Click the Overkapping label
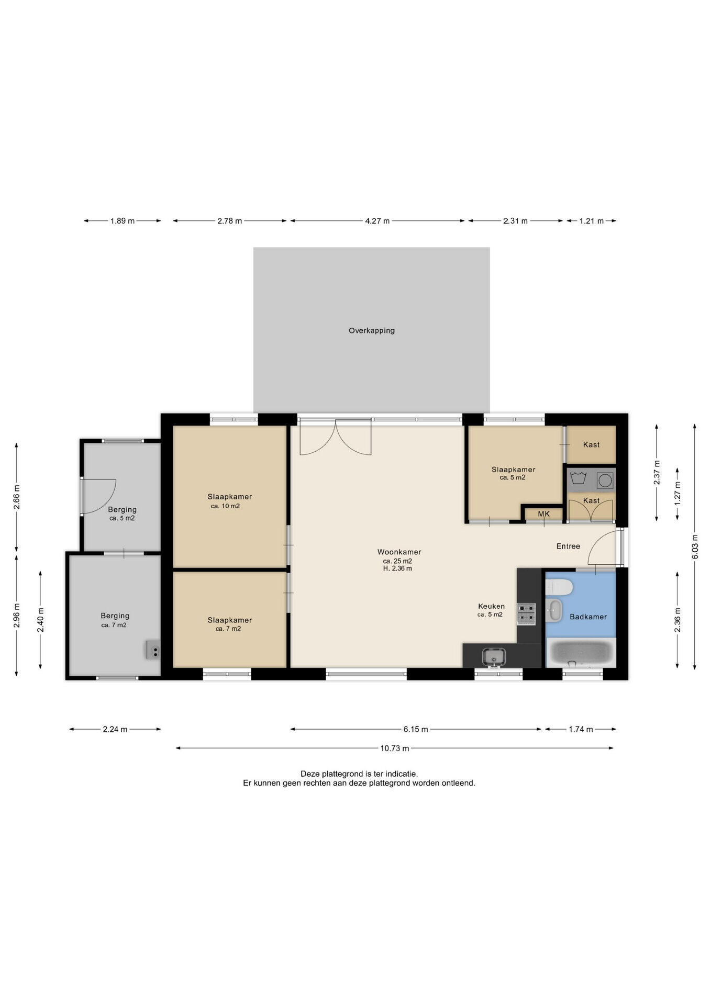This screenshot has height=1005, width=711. pyautogui.click(x=372, y=331)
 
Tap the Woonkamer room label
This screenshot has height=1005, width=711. pyautogui.click(x=399, y=552)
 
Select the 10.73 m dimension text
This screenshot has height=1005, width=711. pyautogui.click(x=394, y=749)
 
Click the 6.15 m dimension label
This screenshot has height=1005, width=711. pyautogui.click(x=416, y=729)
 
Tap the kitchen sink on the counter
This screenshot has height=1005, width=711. pyautogui.click(x=494, y=656)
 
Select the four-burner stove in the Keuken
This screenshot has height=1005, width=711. pyautogui.click(x=526, y=614)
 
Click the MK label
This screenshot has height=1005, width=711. pyautogui.click(x=544, y=514)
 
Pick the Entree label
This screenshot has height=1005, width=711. pyautogui.click(x=568, y=546)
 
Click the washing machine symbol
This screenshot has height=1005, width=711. pyautogui.click(x=605, y=480)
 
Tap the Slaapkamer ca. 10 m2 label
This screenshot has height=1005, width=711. pyautogui.click(x=229, y=501)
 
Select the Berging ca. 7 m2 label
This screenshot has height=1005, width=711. pyautogui.click(x=115, y=620)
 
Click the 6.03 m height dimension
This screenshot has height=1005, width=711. pyautogui.click(x=695, y=546)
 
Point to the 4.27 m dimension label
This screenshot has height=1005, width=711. pyautogui.click(x=377, y=221)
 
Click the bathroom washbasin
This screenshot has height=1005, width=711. pyautogui.click(x=554, y=610)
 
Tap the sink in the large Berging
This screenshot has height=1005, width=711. pyautogui.click(x=153, y=650)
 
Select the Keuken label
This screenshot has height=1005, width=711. pyautogui.click(x=491, y=607)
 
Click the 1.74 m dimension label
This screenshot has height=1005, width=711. pyautogui.click(x=581, y=729)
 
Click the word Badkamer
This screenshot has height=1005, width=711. pyautogui.click(x=588, y=617)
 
